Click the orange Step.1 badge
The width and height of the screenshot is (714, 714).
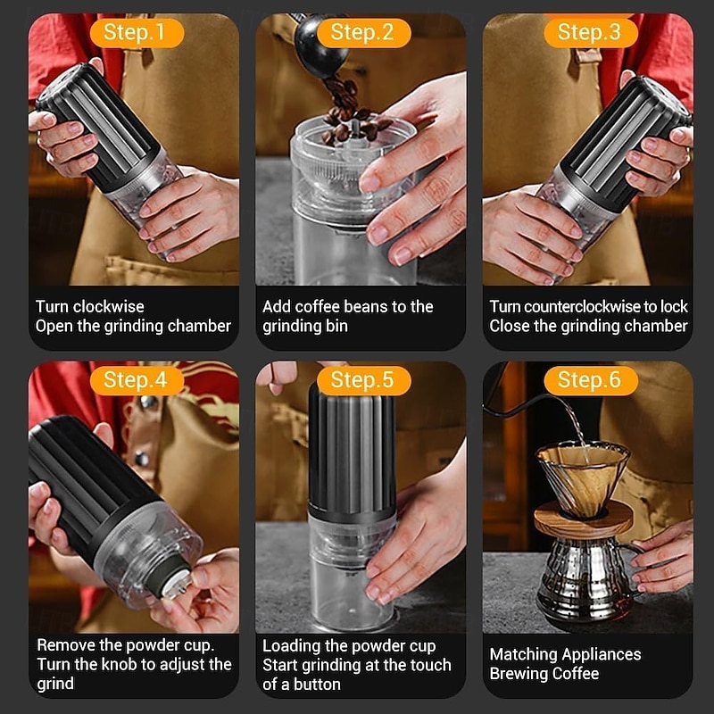pos(137,33)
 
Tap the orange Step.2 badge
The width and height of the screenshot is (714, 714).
pos(364,33)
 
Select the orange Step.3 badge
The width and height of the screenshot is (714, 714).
pos(591,33)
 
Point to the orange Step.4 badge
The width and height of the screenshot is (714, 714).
pos(137,380)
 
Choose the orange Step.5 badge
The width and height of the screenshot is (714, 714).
pos(364,380)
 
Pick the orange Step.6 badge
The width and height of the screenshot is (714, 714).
pos(591,380)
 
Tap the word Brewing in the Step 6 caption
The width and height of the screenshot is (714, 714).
pos(516,674)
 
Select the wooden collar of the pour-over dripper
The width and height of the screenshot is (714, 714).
pos(584,519)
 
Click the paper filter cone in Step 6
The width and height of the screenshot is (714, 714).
pos(583,475)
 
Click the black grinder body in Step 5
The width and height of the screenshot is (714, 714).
pos(352,451)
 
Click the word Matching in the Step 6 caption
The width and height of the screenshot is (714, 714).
pos(519,654)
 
